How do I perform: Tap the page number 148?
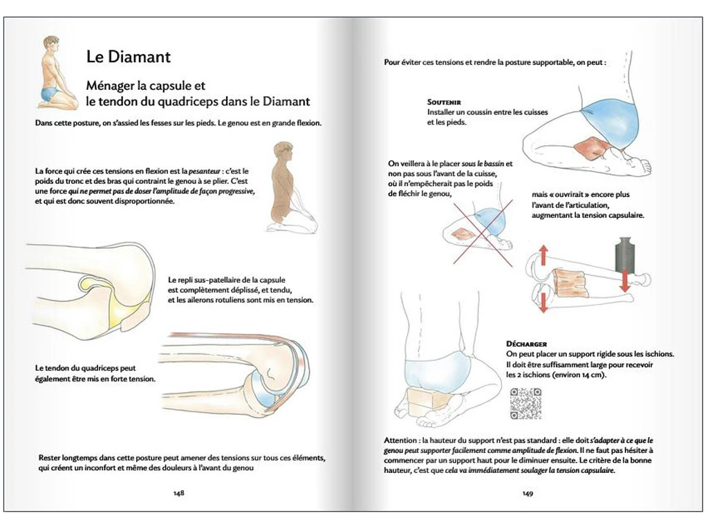pos(178,493)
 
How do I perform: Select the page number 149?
pos(528,493)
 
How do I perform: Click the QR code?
pos(525,404)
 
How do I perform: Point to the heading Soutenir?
pos(444,102)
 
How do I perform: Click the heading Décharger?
pos(527,344)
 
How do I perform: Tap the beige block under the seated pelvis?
pos(422,402)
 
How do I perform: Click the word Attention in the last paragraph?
pos(402,440)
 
